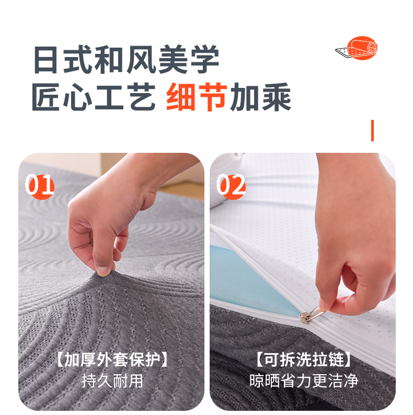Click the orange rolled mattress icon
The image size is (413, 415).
pos(358,48)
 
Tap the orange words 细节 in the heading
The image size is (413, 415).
pos(197,97)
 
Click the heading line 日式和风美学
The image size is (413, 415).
pos(127,59)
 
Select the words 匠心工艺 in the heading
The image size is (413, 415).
pos(94,97)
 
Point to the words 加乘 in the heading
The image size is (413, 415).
pos(260,97)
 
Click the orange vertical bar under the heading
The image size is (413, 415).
pos(372,130)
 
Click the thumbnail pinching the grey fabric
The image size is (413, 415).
pos(104,271)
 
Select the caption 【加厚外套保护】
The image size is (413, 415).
pos(112,360)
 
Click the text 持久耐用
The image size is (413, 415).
pos(112,381)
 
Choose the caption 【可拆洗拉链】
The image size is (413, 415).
pos(303,360)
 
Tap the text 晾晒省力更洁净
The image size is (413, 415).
pos(304,381)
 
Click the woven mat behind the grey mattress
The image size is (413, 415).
pos(182,190)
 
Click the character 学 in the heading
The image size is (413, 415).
pos(204,59)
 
